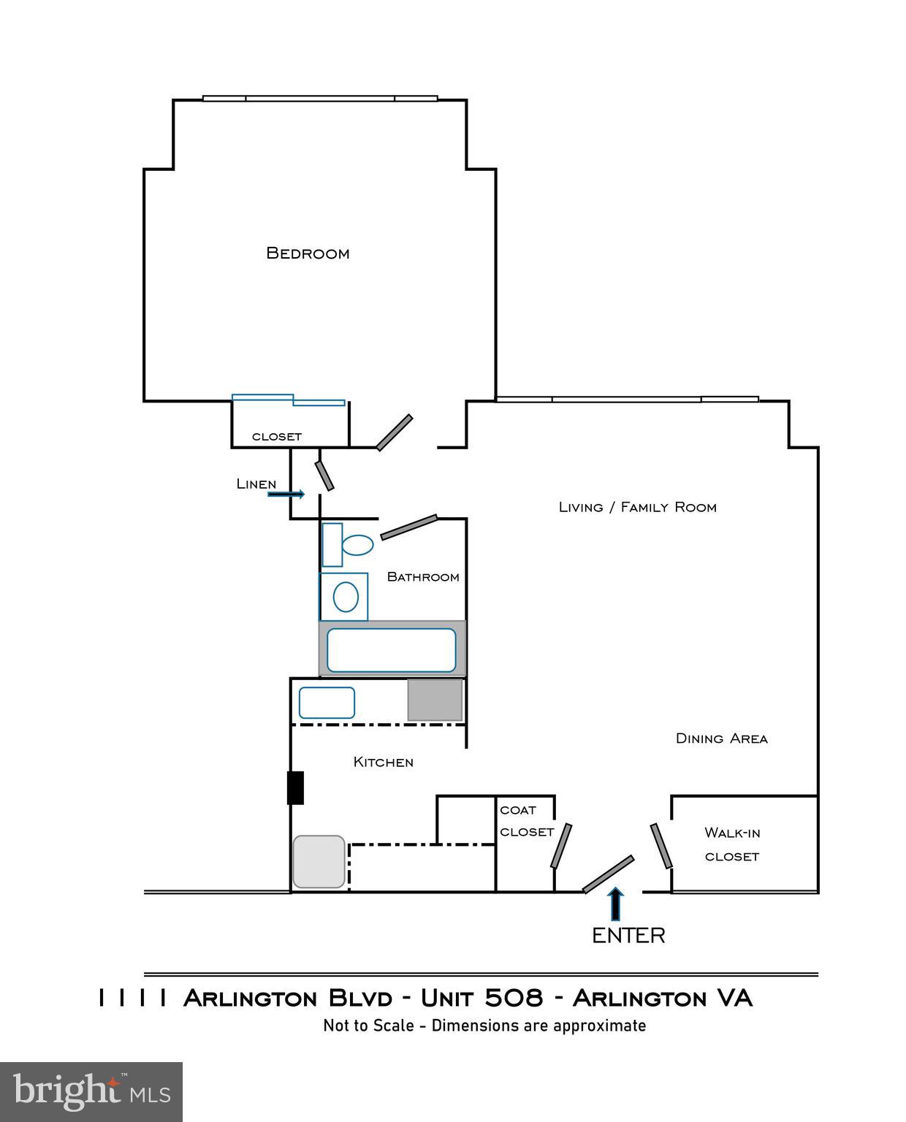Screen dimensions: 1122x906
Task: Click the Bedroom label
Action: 308,253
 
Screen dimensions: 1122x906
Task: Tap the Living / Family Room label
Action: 637,507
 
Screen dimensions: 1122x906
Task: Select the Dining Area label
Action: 721,739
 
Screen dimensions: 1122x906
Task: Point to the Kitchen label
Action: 383,762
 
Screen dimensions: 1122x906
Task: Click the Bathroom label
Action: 423,577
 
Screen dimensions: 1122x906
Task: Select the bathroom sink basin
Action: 346,598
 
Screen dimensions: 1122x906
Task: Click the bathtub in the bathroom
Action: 392,649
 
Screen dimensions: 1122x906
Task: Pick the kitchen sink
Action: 327,703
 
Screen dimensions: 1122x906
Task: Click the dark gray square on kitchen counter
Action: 435,700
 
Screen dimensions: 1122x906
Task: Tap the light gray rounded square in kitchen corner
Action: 319,862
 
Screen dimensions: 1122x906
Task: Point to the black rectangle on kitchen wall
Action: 295,787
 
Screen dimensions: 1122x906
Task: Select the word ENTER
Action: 628,936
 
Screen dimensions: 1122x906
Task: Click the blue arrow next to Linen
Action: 286,495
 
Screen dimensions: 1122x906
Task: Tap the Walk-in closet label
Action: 731,844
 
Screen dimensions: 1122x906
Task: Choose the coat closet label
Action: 526,821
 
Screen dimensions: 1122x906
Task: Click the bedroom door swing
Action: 395,432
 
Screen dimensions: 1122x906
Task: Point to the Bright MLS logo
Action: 91,1092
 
